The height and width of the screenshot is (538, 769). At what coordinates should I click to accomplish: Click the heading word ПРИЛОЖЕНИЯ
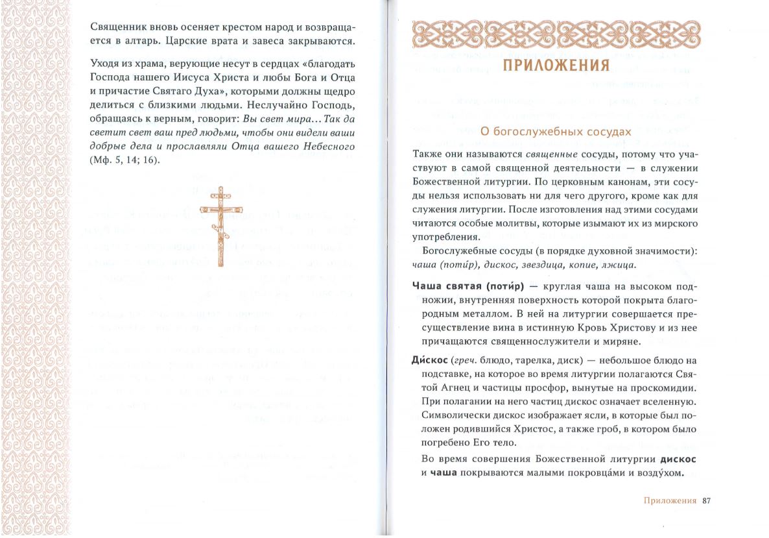point(556,66)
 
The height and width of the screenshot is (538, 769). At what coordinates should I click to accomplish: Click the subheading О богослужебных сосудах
point(555,132)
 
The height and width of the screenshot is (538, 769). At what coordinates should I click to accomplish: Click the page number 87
point(707,500)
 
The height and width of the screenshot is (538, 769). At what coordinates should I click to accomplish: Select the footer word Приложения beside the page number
point(670,500)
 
